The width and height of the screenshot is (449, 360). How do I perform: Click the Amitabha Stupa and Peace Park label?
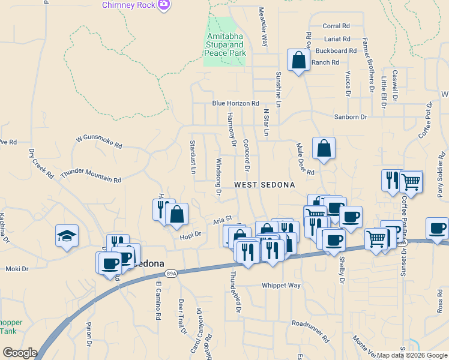pos(225,45)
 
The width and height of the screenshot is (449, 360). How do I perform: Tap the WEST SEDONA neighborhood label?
pos(264,185)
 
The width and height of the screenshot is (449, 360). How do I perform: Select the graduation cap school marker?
pos(67,236)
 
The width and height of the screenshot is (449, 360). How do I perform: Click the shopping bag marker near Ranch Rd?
pos(298,61)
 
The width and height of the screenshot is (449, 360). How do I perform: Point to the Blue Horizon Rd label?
pos(235,103)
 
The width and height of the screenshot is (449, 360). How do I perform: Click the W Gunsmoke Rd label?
pos(99,142)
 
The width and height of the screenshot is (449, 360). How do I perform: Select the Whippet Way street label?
pos(281,286)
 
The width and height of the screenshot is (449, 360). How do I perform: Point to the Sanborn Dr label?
pos(351,117)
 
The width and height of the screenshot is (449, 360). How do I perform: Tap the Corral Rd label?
pos(336,26)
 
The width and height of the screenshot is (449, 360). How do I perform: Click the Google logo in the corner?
pos(20,353)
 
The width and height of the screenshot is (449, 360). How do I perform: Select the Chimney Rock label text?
pos(130,5)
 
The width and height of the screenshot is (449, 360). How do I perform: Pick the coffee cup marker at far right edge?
pos(438,228)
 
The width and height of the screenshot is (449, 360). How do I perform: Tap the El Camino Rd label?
pos(158,301)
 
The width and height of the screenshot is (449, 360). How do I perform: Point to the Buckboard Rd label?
pos(336,50)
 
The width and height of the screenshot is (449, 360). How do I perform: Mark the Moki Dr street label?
pos(17,269)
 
